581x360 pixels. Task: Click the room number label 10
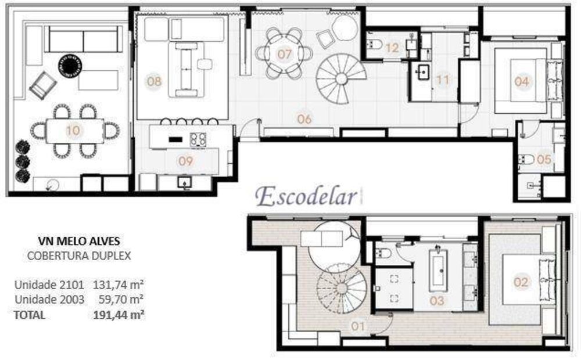tap(73, 131)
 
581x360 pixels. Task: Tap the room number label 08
tap(154, 81)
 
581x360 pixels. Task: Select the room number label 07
tap(284, 54)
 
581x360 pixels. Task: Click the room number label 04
tap(521, 81)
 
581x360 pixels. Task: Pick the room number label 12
tap(392, 48)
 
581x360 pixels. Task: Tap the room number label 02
tap(521, 282)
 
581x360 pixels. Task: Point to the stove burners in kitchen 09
tap(198, 139)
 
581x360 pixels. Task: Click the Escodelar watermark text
tap(306, 196)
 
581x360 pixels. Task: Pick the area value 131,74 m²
tap(119, 285)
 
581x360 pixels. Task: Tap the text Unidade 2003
tap(49, 299)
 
